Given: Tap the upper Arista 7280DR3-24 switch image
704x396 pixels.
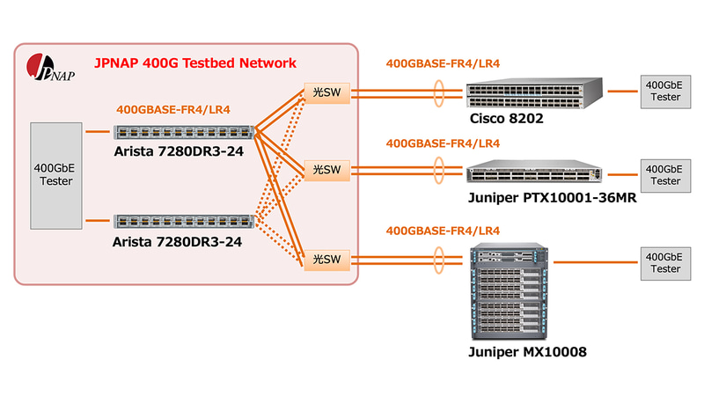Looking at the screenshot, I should (x=185, y=132).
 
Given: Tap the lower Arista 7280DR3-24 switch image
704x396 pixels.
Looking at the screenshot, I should (x=185, y=223).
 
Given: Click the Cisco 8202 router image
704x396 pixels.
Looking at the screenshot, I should (x=533, y=91).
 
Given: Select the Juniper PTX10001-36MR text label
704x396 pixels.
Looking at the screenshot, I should (x=552, y=197).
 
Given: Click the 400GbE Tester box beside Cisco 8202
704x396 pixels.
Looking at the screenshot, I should (x=663, y=91).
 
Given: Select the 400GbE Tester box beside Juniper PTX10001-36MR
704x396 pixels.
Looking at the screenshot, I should (x=663, y=173).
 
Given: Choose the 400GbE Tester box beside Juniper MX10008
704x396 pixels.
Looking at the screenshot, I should (x=663, y=262).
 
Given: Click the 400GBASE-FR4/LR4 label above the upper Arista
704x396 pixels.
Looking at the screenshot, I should (x=173, y=110).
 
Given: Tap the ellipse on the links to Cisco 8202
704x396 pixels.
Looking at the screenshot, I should (x=437, y=92).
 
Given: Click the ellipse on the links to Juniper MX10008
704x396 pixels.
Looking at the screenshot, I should (x=437, y=258).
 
